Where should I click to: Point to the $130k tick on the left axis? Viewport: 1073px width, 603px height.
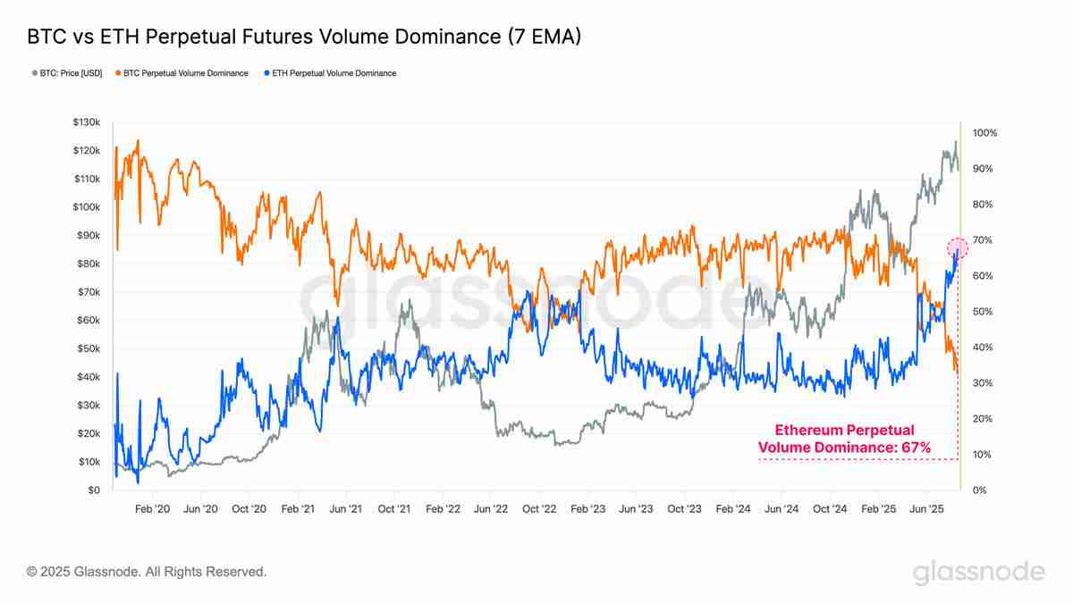click(88, 121)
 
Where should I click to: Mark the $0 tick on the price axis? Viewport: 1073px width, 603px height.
click(94, 490)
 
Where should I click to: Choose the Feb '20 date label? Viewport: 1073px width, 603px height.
click(152, 509)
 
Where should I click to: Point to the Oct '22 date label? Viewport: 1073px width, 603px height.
click(539, 509)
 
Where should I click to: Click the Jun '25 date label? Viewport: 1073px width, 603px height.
click(927, 509)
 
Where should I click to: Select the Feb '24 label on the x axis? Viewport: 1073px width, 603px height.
click(733, 509)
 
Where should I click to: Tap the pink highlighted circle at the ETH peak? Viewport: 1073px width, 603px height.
click(957, 247)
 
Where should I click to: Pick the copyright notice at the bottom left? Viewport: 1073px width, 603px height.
click(147, 571)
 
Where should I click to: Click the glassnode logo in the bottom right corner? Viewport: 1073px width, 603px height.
click(978, 572)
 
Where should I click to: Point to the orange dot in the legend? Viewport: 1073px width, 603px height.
click(118, 73)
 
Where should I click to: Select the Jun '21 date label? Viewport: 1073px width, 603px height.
click(346, 509)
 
